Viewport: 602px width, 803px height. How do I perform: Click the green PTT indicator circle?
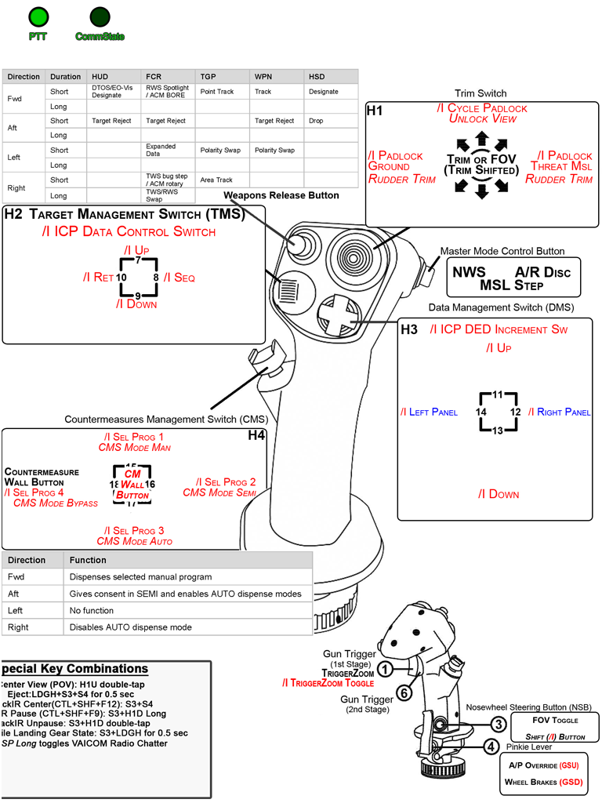pyautogui.click(x=37, y=16)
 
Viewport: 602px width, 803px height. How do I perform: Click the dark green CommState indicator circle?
pyautogui.click(x=100, y=16)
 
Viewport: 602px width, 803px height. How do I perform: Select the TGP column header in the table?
pyautogui.click(x=209, y=77)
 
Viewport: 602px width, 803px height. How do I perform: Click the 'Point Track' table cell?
pyautogui.click(x=217, y=92)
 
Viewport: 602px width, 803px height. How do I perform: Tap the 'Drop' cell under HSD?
pyautogui.click(x=315, y=121)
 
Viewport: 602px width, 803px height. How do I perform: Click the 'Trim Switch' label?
pyautogui.click(x=481, y=93)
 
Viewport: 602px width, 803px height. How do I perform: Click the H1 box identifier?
pyautogui.click(x=375, y=111)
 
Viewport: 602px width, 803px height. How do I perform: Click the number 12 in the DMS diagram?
pyautogui.click(x=515, y=411)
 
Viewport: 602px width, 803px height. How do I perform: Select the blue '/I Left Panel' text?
pyautogui.click(x=429, y=412)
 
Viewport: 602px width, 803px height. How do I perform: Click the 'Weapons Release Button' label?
pyautogui.click(x=281, y=194)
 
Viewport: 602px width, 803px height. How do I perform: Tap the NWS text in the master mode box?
pyautogui.click(x=470, y=271)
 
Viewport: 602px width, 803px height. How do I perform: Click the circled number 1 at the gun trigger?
pyautogui.click(x=385, y=669)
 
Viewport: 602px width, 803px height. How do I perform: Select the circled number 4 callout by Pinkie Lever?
pyautogui.click(x=490, y=747)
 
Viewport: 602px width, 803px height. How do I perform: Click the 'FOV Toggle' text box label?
pyautogui.click(x=555, y=720)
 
